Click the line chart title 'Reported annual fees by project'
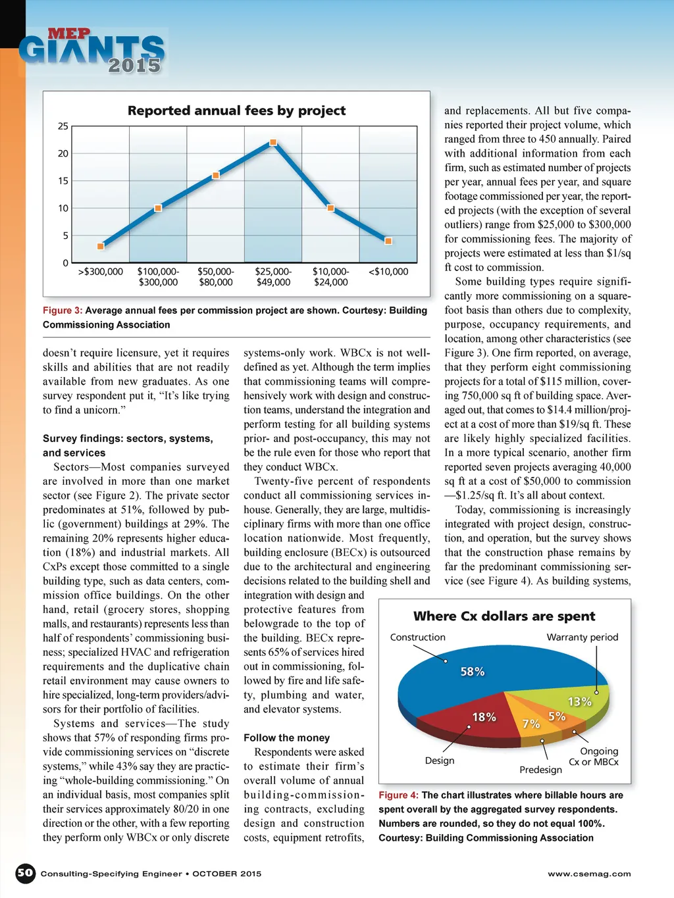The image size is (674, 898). [x=236, y=111]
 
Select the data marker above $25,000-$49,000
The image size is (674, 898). [x=273, y=142]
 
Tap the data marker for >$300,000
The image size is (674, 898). [x=101, y=246]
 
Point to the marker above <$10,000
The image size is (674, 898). [x=388, y=241]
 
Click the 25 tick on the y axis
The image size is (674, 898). [x=63, y=126]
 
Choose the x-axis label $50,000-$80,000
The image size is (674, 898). [x=216, y=277]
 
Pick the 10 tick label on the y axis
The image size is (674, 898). [x=63, y=208]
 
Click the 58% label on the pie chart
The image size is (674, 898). [x=472, y=671]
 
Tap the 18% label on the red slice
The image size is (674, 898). [x=484, y=716]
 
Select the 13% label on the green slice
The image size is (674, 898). [x=579, y=701]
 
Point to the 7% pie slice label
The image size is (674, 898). [x=531, y=724]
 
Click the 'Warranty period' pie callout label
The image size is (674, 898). [x=583, y=637]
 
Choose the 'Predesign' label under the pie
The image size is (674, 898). [x=540, y=770]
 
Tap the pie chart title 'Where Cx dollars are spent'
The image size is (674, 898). [x=504, y=616]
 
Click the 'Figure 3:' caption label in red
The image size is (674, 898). [x=63, y=311]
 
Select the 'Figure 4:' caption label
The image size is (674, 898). [x=398, y=795]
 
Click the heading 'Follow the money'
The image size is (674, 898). [x=286, y=738]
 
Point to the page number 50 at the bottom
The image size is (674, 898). [x=25, y=873]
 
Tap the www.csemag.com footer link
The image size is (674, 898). [x=589, y=874]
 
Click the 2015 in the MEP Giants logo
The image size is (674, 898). [x=134, y=65]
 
